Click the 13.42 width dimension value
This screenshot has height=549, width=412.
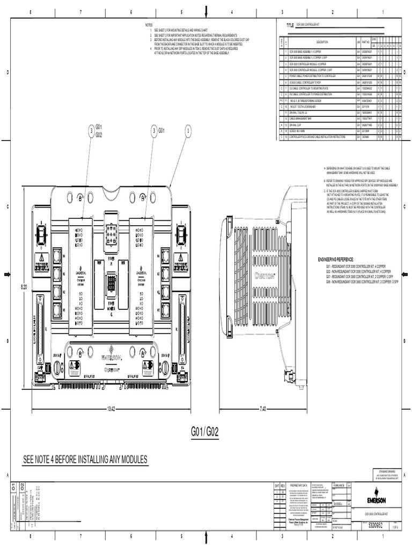click(111, 409)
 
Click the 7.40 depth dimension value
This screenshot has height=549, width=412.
click(263, 409)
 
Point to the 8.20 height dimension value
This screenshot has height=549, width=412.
click(24, 287)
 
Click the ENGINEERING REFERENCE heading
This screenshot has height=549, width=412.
click(343, 259)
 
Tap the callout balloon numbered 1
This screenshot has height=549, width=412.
click(188, 129)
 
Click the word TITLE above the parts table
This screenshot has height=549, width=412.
click(290, 25)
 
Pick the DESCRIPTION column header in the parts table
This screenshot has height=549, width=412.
click(322, 42)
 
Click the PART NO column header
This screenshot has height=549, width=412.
click(366, 42)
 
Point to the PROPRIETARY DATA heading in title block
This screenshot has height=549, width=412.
click(298, 484)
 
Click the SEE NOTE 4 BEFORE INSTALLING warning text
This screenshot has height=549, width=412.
click(84, 459)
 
